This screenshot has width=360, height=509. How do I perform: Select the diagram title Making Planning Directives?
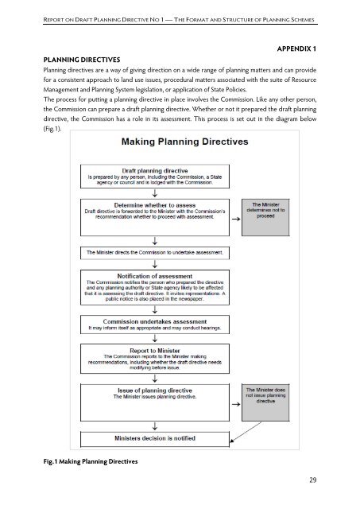[162, 142]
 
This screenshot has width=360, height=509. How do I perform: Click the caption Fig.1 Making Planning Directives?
[79, 462]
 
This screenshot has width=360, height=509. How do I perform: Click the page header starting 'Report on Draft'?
[180, 14]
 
